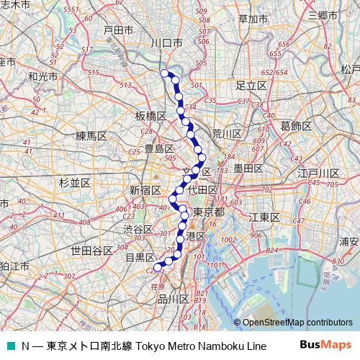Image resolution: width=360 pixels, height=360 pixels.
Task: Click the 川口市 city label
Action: point(166,43)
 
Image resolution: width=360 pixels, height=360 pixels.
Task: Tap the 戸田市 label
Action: point(118,30)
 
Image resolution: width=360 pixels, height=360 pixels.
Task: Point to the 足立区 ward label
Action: point(251,85)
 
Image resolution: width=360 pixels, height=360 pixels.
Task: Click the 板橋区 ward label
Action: point(150,115)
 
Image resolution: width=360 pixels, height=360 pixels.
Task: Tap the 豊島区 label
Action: point(159,148)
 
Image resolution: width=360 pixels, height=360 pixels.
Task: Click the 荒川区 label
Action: point(226,133)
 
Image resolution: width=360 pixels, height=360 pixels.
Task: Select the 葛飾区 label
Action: point(295,125)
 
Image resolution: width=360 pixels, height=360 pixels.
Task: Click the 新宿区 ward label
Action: point(145,190)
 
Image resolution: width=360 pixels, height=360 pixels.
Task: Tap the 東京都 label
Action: point(210,212)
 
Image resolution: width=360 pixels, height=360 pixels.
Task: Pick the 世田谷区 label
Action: point(91,251)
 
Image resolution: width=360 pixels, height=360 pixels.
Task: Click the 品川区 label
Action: point(173,299)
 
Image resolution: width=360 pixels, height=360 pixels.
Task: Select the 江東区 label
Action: point(264,217)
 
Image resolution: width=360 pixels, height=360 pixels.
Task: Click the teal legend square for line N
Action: point(9,346)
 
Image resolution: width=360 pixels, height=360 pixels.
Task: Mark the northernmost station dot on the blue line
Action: point(165,73)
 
